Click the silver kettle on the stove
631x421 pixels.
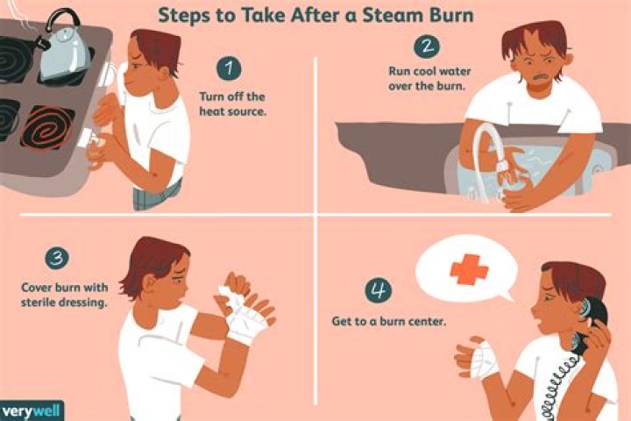tap(63, 47)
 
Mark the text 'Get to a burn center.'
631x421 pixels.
tap(388, 322)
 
